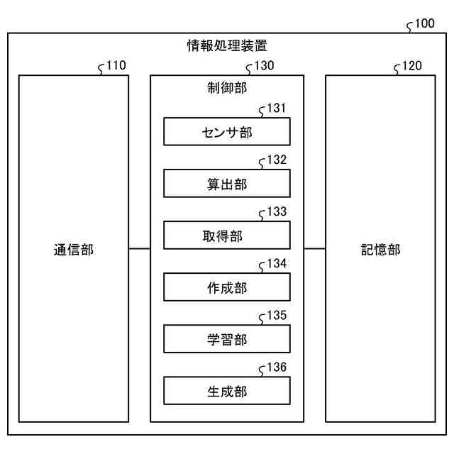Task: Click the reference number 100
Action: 425,23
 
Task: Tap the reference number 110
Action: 116,66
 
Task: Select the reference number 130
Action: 264,66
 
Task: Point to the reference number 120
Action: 411,66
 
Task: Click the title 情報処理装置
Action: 227,47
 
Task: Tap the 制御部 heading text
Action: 227,89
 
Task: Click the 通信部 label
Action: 73,250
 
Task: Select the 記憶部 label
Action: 380,250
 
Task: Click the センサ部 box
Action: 227,132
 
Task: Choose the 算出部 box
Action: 227,184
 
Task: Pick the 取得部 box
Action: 227,236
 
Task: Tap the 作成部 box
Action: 227,287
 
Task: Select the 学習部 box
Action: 227,339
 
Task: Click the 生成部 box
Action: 227,391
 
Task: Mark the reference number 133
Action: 277,211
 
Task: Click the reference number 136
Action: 277,367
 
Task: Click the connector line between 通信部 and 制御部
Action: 140,249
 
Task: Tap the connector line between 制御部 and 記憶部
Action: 314,249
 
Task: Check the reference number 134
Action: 277,263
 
